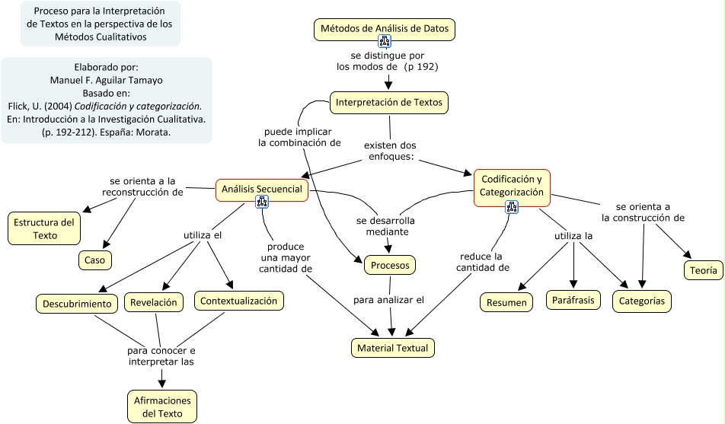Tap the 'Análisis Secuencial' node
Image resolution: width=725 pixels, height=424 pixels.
click(261, 189)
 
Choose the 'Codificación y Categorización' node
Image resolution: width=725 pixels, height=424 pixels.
click(512, 186)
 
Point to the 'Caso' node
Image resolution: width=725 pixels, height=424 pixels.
click(95, 260)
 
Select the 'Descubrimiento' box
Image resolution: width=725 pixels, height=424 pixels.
click(76, 304)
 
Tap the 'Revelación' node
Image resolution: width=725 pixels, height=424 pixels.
click(154, 301)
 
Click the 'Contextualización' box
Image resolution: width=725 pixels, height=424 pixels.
click(238, 301)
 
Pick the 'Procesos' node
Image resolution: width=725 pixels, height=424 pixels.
click(389, 265)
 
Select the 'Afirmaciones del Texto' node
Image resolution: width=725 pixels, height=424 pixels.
click(162, 406)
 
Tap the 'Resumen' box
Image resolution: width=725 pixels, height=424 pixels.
click(506, 302)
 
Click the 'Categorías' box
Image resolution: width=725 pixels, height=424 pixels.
click(641, 301)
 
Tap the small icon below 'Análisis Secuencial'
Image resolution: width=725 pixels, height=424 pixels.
click(261, 202)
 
